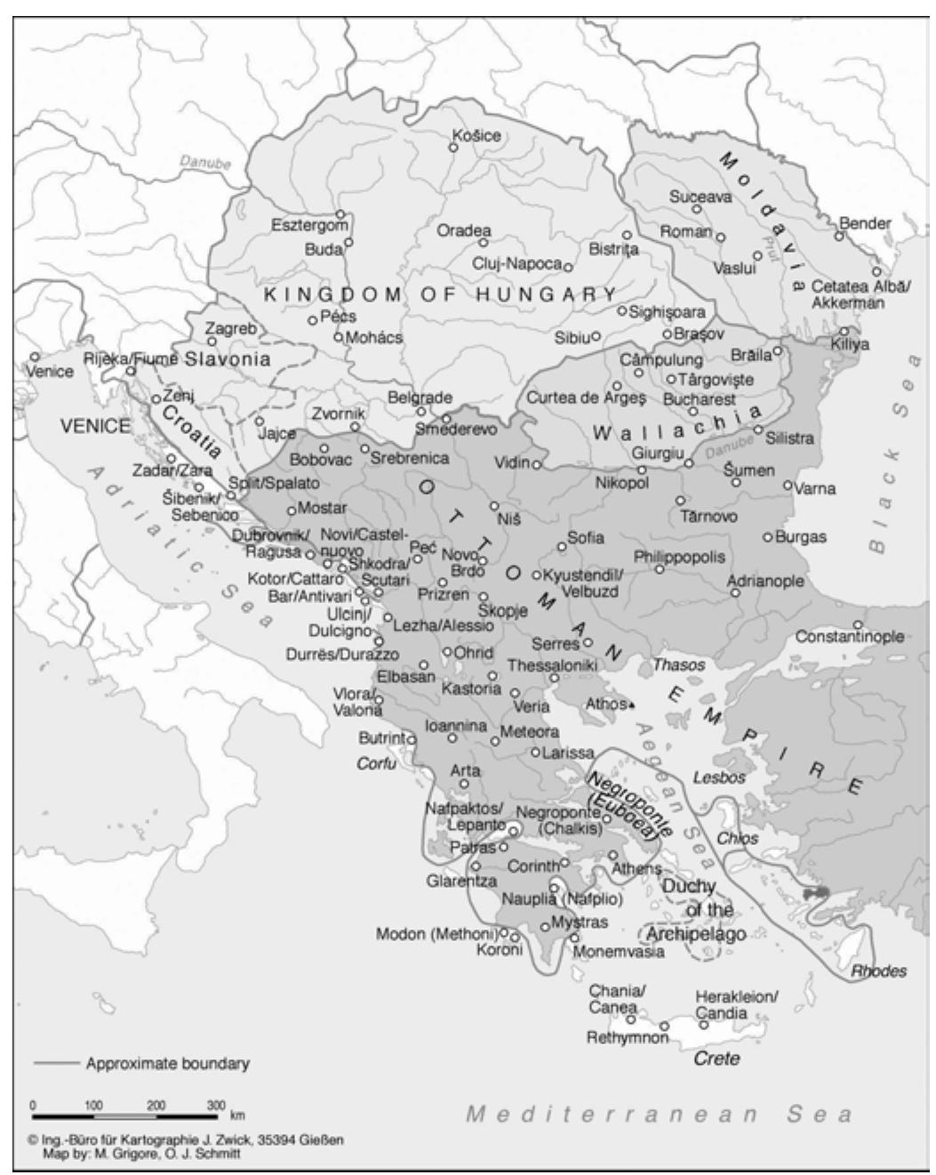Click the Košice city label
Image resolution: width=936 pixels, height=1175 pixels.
pyautogui.click(x=476, y=136)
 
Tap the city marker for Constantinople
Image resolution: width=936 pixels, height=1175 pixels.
pyautogui.click(x=858, y=624)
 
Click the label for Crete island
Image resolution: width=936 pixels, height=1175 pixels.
pyautogui.click(x=716, y=1059)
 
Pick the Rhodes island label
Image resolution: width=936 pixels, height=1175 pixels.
pyautogui.click(x=878, y=971)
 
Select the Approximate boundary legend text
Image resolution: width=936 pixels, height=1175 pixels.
pyautogui.click(x=167, y=1064)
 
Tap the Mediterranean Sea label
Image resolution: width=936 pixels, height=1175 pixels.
pyautogui.click(x=659, y=1115)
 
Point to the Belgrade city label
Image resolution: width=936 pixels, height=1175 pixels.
pyautogui.click(x=420, y=398)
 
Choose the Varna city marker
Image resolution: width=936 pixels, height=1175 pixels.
pyautogui.click(x=788, y=485)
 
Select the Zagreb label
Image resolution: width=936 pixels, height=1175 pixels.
pyautogui.click(x=230, y=328)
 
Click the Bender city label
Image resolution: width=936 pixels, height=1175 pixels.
pyautogui.click(x=864, y=223)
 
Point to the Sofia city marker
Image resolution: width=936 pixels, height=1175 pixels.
pyautogui.click(x=562, y=546)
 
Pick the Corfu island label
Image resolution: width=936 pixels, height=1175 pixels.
pyautogui.click(x=376, y=763)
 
